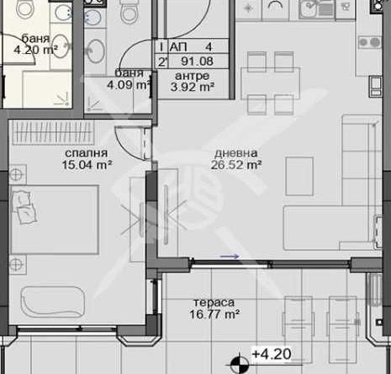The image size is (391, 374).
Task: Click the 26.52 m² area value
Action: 236,166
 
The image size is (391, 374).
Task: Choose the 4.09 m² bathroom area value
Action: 128,83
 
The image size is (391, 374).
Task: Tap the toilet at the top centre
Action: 128,13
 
